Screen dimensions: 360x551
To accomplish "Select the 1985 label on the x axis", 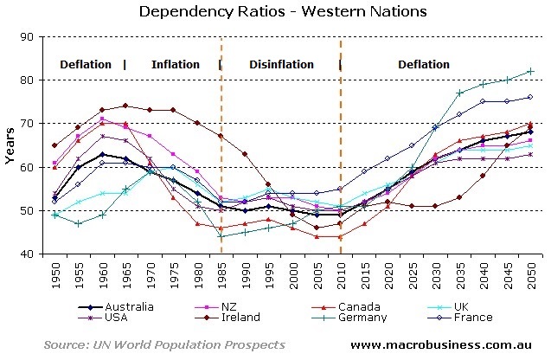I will (x=221, y=275).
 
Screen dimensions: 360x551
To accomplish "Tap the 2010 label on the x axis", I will (x=341, y=275).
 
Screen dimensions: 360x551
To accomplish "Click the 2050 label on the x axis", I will (x=531, y=275).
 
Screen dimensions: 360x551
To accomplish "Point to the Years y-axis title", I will (x=10, y=145).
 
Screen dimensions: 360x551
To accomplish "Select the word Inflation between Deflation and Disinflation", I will (x=176, y=64).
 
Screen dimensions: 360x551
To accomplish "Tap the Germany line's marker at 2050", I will (x=530, y=71).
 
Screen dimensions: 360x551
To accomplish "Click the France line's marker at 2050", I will (x=530, y=97).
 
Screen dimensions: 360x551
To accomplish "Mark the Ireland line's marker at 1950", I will (x=55, y=145).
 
